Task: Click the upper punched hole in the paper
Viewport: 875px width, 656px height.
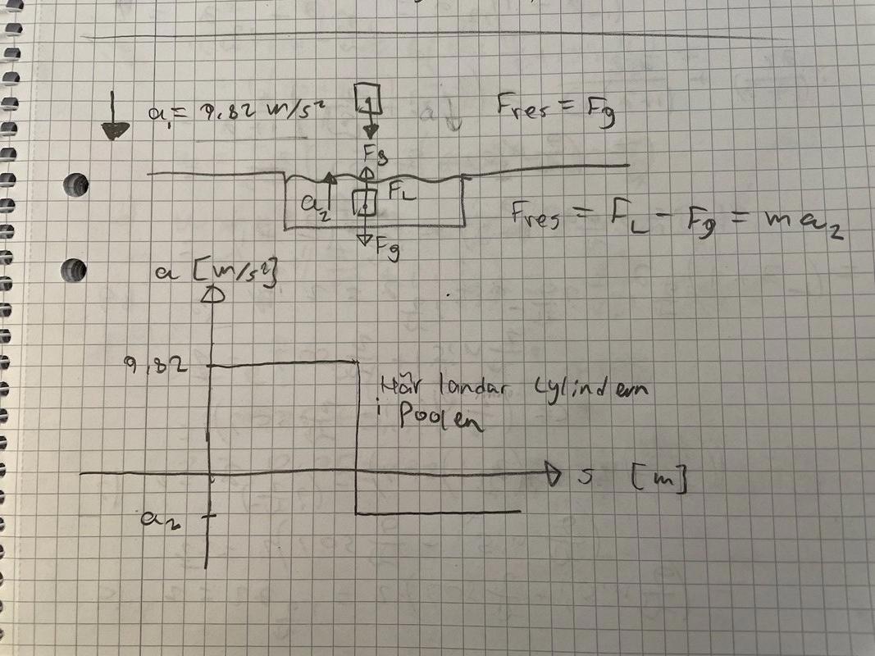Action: (x=76, y=185)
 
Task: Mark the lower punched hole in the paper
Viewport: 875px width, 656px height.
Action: (x=76, y=268)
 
